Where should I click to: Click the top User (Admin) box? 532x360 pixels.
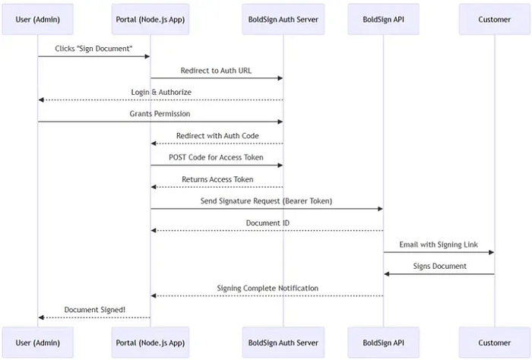[x=38, y=19]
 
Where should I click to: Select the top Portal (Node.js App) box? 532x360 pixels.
[x=150, y=19]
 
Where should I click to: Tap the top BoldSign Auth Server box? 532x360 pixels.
[x=283, y=19]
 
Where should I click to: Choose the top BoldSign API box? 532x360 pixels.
[x=384, y=19]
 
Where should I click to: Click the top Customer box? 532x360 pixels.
[x=495, y=19]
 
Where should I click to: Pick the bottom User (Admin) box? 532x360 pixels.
[x=38, y=343]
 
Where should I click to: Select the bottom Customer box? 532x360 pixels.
[x=495, y=343]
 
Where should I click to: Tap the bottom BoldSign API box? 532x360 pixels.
[x=384, y=343]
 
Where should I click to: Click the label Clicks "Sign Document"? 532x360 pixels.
[x=93, y=48]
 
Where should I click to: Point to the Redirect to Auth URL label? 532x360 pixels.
[x=217, y=70]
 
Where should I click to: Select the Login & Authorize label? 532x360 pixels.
[x=160, y=92]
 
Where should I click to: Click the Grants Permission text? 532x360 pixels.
[x=160, y=114]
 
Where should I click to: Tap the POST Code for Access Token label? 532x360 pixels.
[x=217, y=157]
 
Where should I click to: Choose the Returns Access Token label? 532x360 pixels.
[x=217, y=179]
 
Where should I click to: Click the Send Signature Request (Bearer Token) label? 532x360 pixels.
[x=267, y=201]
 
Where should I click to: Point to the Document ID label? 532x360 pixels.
[x=267, y=223]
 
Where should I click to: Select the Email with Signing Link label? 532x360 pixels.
[x=439, y=245]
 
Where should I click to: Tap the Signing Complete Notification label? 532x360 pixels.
[x=267, y=288]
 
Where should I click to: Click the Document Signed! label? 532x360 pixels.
[x=94, y=309]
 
